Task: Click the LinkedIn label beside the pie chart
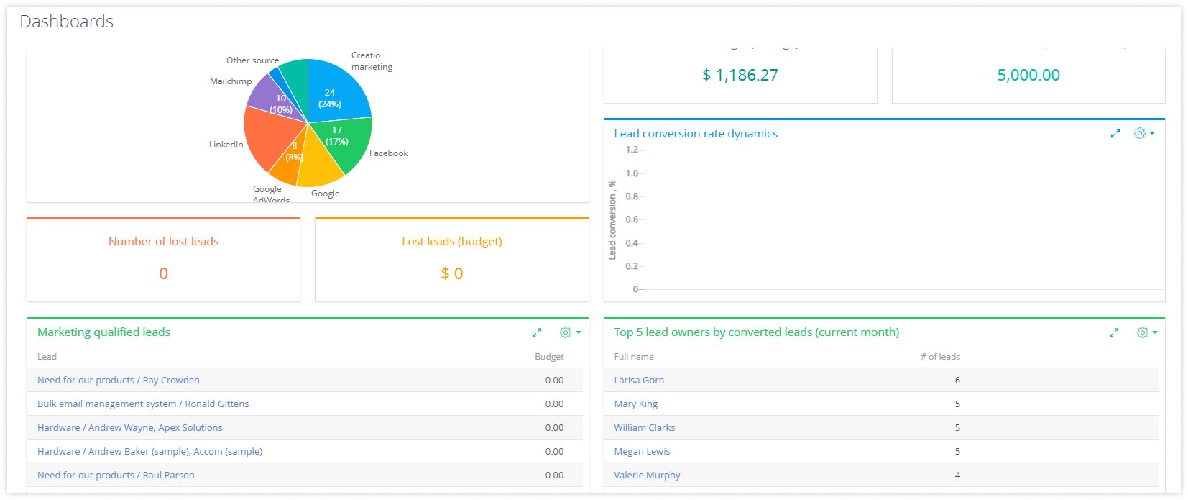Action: coord(226,145)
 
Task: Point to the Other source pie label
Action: coord(252,60)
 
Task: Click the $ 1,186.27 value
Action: coord(740,75)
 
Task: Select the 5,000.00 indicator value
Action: coord(1028,75)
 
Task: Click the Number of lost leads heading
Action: coord(163,242)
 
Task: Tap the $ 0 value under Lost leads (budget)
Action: coord(451,273)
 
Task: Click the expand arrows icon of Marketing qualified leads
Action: coord(537,332)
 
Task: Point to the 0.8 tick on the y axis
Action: coord(632,196)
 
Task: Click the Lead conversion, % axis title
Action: coord(612,220)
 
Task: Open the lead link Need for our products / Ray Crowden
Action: coord(119,380)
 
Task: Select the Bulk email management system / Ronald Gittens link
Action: coord(143,404)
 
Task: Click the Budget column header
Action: coord(549,357)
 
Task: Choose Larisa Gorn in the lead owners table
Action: coord(639,380)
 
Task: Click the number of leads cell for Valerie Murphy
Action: coord(957,475)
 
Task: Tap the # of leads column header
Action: coord(940,357)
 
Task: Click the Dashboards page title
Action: coord(67,22)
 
